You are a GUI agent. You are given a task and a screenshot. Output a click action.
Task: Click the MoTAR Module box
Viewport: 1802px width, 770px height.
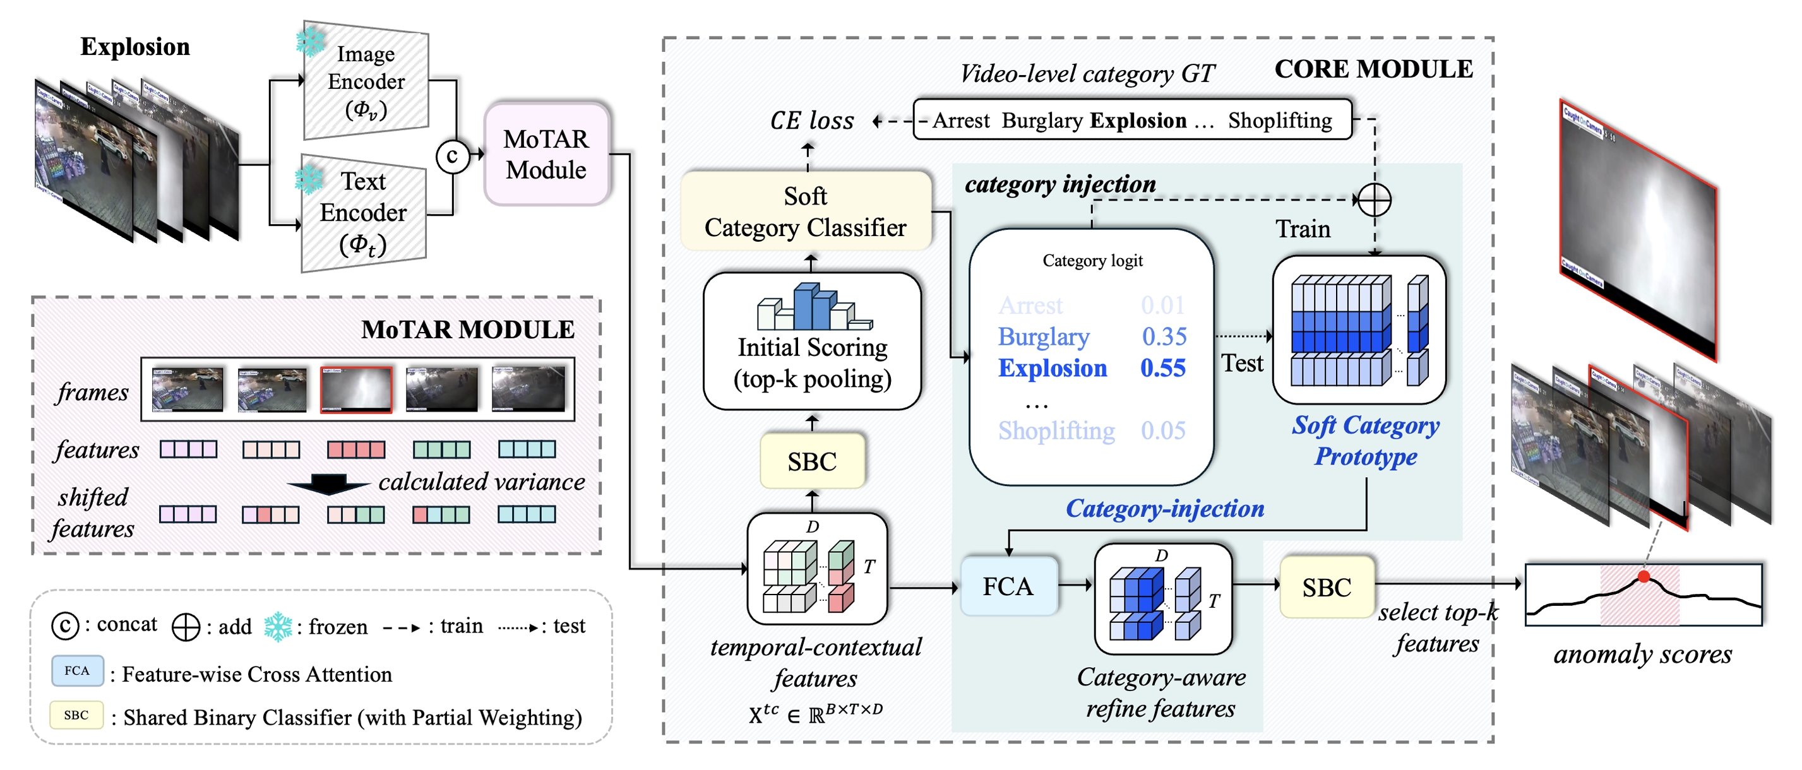coord(546,155)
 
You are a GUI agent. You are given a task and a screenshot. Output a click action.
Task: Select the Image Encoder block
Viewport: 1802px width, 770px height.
coord(366,81)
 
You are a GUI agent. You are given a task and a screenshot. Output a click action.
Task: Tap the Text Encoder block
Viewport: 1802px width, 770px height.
coord(364,213)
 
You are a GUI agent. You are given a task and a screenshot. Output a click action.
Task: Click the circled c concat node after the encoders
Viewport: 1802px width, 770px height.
coord(452,156)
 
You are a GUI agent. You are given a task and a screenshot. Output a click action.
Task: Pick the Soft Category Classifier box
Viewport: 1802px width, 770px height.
coord(806,211)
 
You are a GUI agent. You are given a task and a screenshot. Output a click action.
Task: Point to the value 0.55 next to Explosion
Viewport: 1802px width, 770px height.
coord(1162,368)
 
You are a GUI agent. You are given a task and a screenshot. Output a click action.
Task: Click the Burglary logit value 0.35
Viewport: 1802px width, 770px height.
coord(1164,336)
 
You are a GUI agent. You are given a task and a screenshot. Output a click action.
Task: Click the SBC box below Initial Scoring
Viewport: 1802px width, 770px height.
coord(811,461)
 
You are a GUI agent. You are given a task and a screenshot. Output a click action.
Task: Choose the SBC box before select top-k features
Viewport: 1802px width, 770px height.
coord(1327,588)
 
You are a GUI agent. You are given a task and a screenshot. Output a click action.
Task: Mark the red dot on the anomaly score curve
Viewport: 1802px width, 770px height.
coord(1644,576)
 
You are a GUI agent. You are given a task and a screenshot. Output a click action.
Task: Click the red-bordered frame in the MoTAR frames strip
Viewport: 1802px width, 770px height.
coord(356,389)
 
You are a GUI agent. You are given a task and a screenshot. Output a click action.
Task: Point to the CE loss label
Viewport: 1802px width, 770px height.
coord(811,121)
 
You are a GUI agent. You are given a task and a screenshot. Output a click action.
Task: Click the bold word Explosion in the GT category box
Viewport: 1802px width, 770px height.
coord(1138,121)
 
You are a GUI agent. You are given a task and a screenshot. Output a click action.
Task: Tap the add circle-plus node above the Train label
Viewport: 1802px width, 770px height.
coord(1374,200)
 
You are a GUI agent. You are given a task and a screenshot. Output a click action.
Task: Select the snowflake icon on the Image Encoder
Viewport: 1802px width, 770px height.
coord(310,40)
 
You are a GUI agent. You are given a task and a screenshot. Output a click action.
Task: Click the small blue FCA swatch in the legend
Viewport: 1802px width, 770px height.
coord(77,671)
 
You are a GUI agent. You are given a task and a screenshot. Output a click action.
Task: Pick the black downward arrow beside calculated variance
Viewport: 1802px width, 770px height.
coord(328,484)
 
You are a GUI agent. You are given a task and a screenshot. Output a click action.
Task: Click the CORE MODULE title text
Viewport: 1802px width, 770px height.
coord(1373,69)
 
